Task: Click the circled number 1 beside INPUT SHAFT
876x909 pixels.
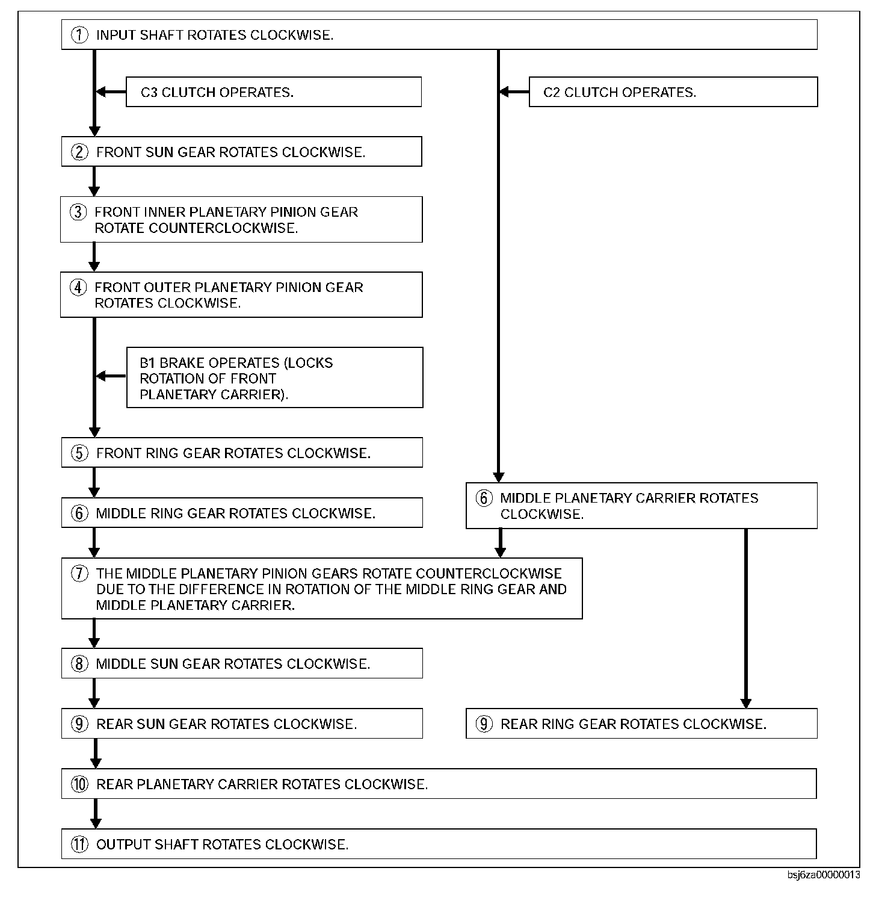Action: point(79,35)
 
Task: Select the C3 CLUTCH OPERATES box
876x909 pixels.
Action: point(273,92)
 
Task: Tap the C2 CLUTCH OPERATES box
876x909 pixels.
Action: point(673,92)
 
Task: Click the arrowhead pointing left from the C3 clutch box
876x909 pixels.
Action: point(101,92)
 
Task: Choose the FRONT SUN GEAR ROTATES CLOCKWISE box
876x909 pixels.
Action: point(241,152)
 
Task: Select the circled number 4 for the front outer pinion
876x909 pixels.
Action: point(78,288)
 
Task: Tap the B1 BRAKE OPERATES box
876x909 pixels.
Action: point(274,378)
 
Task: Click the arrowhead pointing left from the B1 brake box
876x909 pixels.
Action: point(101,376)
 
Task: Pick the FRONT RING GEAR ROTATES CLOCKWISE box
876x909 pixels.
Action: point(241,453)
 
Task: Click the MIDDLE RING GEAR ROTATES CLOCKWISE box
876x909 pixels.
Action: point(241,513)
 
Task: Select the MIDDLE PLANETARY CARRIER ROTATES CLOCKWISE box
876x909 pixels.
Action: point(641,506)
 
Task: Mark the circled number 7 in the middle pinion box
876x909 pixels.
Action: point(79,574)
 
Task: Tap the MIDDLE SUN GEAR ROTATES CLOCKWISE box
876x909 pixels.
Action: point(241,663)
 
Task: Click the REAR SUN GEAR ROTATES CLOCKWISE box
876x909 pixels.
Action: point(241,724)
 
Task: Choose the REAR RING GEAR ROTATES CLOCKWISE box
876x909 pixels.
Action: point(641,724)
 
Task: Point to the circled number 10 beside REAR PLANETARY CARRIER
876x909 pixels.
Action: point(79,784)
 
